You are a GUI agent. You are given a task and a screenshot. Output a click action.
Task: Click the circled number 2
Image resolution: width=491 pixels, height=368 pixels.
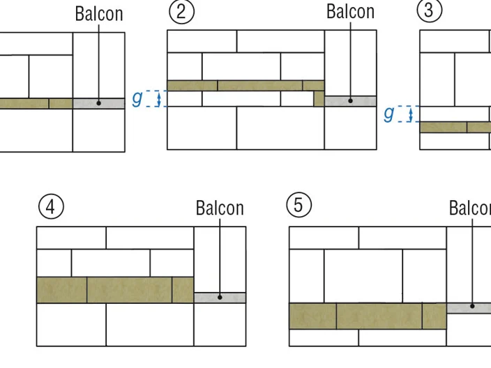click(181, 12)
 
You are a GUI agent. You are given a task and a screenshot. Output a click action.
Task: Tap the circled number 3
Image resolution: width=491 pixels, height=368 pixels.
click(430, 10)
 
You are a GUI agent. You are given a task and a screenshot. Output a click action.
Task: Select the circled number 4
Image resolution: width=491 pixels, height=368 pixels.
click(51, 207)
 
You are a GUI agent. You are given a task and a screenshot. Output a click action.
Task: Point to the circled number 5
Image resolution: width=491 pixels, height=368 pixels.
click(299, 205)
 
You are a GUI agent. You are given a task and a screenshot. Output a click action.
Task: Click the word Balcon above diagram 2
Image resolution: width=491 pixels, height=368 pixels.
click(350, 12)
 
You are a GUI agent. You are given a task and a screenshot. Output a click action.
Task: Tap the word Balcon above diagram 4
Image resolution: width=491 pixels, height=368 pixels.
click(220, 208)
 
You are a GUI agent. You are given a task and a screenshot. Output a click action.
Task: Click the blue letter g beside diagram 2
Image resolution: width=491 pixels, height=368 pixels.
click(137, 98)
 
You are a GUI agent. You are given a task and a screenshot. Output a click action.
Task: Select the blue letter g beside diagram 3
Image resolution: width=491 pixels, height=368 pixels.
click(389, 114)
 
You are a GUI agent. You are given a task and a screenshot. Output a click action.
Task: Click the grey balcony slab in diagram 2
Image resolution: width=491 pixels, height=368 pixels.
click(350, 101)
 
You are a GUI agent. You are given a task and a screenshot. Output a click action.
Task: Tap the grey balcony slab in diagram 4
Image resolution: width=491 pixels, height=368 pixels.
click(220, 298)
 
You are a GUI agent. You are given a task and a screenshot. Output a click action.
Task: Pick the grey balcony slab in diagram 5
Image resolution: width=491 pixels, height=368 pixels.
click(469, 308)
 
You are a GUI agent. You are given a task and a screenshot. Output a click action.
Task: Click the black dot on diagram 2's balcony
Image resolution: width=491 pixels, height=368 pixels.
click(350, 101)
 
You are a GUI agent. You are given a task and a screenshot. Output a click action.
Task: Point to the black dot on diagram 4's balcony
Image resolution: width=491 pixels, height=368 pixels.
click(220, 298)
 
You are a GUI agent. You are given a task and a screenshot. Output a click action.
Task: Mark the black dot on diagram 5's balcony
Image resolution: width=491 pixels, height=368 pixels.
click(472, 306)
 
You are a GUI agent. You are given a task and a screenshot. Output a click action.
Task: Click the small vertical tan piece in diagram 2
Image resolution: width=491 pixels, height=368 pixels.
click(319, 98)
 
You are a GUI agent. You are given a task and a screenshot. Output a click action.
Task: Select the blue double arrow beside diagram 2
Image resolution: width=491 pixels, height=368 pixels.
click(159, 98)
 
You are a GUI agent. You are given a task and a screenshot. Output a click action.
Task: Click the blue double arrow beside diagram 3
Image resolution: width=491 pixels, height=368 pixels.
click(411, 114)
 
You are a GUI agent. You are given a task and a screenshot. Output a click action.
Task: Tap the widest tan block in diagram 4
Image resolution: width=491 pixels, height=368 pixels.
click(129, 290)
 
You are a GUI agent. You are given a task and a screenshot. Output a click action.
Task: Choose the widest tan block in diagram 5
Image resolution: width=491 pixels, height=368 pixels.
click(379, 316)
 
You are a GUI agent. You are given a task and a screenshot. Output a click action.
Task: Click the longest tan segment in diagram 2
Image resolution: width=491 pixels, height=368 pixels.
click(260, 86)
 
